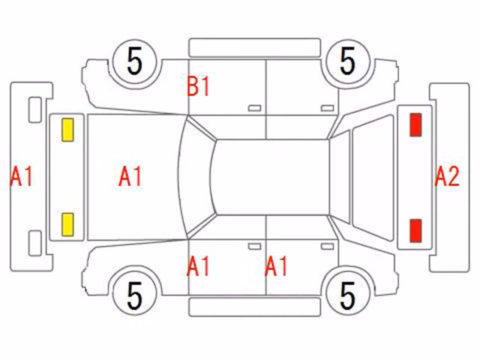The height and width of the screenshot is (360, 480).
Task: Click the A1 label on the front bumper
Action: point(21,177)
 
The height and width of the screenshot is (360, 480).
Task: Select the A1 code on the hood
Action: point(130,177)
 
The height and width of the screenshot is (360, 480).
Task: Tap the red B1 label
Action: point(198,87)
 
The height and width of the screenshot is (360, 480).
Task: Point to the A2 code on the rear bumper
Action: point(447,177)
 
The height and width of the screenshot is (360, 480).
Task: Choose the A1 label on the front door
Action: point(198,266)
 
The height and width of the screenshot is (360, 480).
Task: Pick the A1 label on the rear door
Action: point(276,266)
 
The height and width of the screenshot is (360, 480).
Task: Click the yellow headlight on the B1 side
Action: point(67,130)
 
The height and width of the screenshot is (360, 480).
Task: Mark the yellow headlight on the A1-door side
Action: point(67,225)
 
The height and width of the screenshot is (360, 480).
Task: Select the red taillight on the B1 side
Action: point(415,124)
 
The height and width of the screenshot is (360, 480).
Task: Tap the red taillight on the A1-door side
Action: point(415,231)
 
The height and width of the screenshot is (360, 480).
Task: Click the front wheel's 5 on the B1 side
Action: point(135,61)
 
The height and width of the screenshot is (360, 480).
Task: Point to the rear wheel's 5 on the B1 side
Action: point(348,61)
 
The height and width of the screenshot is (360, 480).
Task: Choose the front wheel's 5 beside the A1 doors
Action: point(135,295)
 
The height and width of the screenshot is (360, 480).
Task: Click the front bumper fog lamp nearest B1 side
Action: point(35,110)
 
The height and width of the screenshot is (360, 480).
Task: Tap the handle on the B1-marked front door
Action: point(254,108)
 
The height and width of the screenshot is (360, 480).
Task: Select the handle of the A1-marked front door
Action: point(254,247)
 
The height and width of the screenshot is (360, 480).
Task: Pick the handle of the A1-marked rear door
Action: point(327,247)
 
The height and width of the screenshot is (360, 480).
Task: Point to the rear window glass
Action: point(373,177)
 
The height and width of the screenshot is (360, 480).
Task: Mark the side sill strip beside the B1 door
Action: point(255,48)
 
